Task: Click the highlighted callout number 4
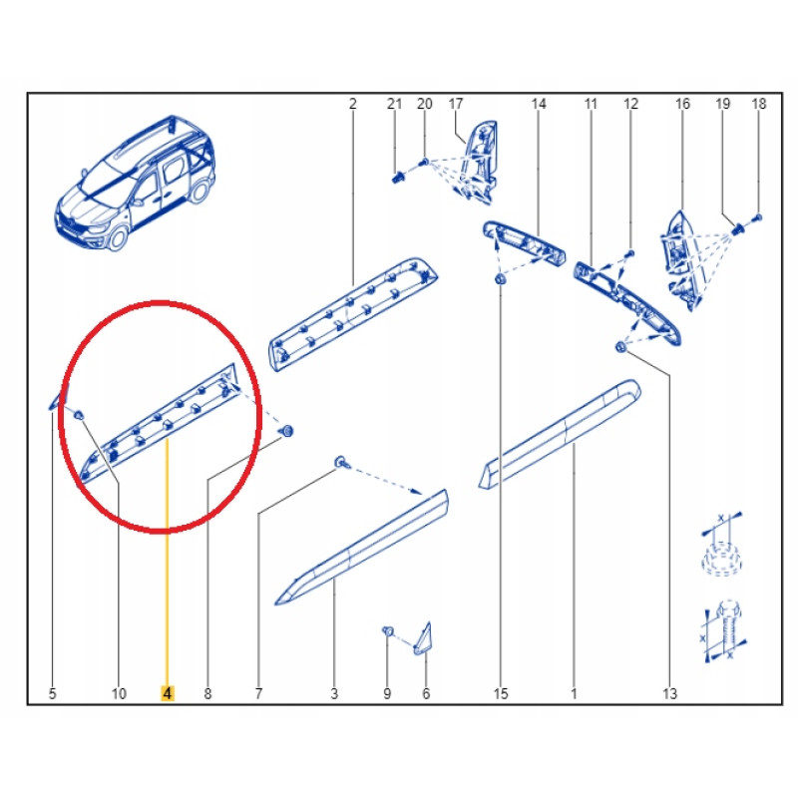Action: click(168, 693)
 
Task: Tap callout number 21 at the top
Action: click(394, 104)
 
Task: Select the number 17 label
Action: click(456, 104)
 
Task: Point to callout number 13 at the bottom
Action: click(669, 693)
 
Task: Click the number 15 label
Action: click(501, 693)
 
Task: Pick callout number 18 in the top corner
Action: click(759, 104)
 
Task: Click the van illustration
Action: click(136, 184)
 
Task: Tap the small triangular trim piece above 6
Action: click(424, 640)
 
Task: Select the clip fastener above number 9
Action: click(388, 631)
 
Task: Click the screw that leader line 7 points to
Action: click(341, 463)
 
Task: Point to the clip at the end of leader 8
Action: click(287, 432)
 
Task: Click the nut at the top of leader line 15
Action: click(500, 279)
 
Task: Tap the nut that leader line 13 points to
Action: click(620, 347)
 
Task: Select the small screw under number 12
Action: click(630, 253)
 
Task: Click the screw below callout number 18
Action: click(757, 217)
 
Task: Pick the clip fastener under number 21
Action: click(398, 178)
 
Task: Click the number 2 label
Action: click(353, 104)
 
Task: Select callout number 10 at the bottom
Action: click(119, 693)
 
